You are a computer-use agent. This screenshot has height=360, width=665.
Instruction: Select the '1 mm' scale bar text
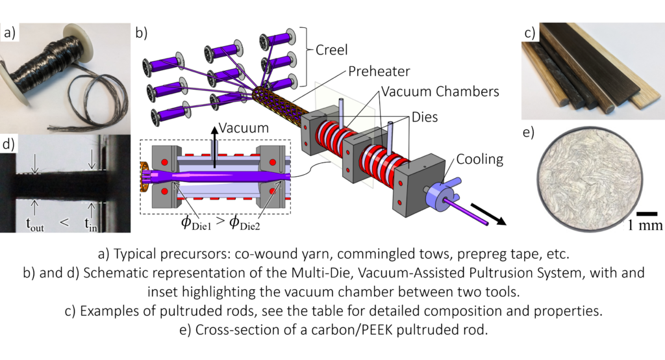coord(644,226)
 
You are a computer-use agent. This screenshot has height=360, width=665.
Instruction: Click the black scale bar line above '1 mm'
coord(644,213)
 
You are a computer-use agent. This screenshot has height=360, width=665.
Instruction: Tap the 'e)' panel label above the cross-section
coord(529,134)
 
